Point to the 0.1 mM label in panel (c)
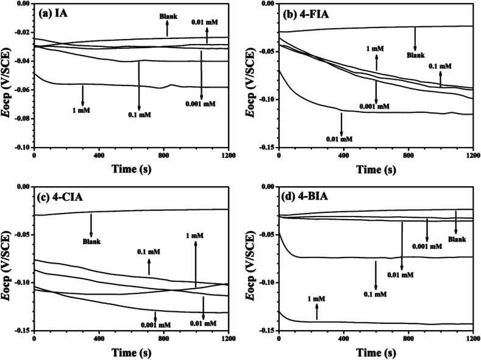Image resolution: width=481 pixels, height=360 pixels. point(148,250)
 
